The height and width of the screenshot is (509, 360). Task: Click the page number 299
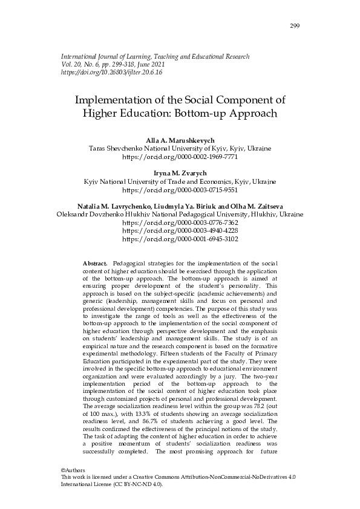coord(295,25)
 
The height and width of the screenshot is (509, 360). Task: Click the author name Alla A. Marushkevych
coord(180,140)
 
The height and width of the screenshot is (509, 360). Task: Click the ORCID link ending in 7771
coord(180,156)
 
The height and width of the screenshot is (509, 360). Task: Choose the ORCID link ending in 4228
coord(180,230)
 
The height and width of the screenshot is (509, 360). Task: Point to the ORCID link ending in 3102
coord(180,239)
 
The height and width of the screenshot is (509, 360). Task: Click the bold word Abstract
coord(94,264)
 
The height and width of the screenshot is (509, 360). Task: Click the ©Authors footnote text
coord(73,470)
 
